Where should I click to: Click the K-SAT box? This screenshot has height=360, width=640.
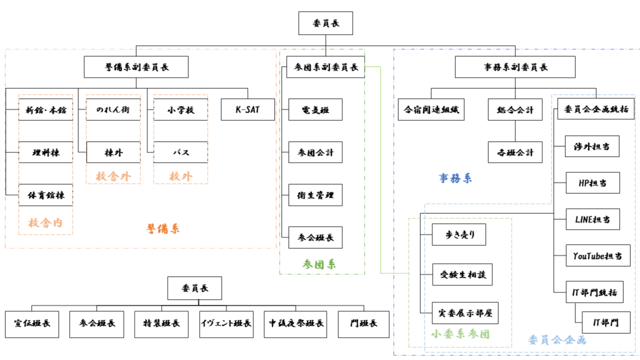coord(247,111)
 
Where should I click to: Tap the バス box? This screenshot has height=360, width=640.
coord(181,152)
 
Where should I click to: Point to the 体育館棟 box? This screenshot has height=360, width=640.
coord(45,195)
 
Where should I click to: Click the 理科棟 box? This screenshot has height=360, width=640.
coord(45,152)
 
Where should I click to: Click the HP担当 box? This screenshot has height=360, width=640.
coord(592,182)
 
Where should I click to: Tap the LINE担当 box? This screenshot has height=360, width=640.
coord(592,219)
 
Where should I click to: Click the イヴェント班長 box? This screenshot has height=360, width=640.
coord(226,323)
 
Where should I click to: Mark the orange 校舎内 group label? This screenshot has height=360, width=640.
coord(45,222)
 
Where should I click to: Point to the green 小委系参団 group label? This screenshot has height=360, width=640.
coord(460,334)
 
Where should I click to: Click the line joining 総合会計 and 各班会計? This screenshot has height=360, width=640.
coord(515,131)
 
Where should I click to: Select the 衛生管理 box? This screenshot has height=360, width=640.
coord(315,195)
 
